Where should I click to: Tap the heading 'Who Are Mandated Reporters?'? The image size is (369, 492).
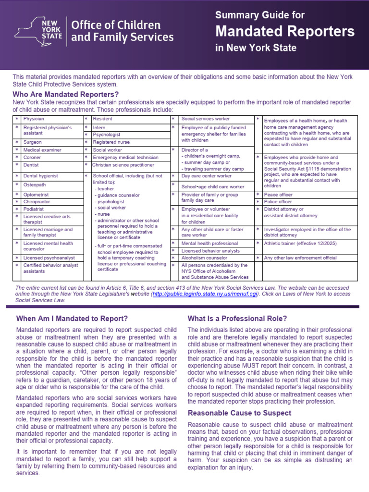[x=65, y=94]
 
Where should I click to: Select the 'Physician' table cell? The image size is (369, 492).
[x=34, y=119]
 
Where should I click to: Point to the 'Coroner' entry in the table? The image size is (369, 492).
[x=32, y=158]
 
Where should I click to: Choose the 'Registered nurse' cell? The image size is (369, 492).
[x=111, y=142]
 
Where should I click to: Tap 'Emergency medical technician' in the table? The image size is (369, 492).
[x=125, y=158]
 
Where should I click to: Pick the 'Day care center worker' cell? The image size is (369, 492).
[x=206, y=176]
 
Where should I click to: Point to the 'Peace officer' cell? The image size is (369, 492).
[x=279, y=195]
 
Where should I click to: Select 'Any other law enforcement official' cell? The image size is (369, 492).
[x=300, y=258]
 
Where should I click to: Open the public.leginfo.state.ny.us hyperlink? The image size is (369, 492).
[x=205, y=294]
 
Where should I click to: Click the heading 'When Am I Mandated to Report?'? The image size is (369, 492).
[x=72, y=318]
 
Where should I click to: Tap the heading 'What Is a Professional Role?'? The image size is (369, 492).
[x=237, y=318]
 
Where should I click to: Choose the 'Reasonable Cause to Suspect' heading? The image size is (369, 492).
[x=239, y=413]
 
